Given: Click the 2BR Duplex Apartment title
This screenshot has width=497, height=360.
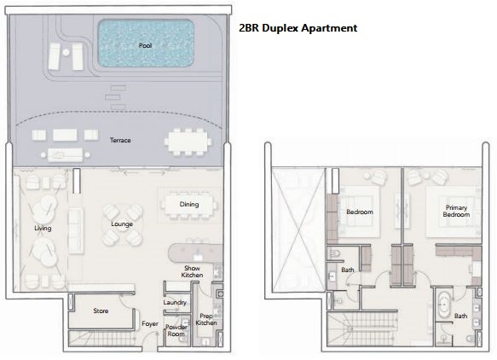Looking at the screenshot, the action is point(298,28).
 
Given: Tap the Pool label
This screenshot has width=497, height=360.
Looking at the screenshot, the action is point(146,45).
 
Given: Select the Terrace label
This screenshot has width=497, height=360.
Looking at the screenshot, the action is point(120,140).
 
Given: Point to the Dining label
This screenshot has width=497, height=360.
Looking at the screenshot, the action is point(189,204).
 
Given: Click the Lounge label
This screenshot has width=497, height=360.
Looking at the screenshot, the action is point(122,224).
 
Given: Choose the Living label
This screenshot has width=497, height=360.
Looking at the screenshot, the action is point(43,228).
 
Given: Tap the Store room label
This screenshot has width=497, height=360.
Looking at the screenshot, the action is point(101,311).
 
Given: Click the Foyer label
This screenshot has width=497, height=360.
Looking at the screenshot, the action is point(149,324).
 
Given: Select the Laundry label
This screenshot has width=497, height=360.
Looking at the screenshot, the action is point(175,302).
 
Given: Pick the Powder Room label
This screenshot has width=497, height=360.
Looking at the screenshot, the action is point(176,330).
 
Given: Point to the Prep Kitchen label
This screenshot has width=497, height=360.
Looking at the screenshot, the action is point(206,319).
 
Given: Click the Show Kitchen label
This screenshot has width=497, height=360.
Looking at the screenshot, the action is point(192,271).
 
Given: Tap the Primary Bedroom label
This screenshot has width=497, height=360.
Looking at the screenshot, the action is point(456,211).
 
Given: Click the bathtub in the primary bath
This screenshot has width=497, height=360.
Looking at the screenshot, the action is point(443,305).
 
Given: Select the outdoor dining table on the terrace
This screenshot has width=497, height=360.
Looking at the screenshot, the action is point(188,142).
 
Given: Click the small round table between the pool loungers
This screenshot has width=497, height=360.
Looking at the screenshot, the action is point(66,52).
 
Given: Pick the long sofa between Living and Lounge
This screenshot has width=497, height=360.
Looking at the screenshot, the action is point(76,230).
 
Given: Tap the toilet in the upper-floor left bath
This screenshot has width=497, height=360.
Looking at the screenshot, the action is point(334,253).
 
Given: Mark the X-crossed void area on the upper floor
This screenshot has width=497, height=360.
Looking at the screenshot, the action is point(298,229).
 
